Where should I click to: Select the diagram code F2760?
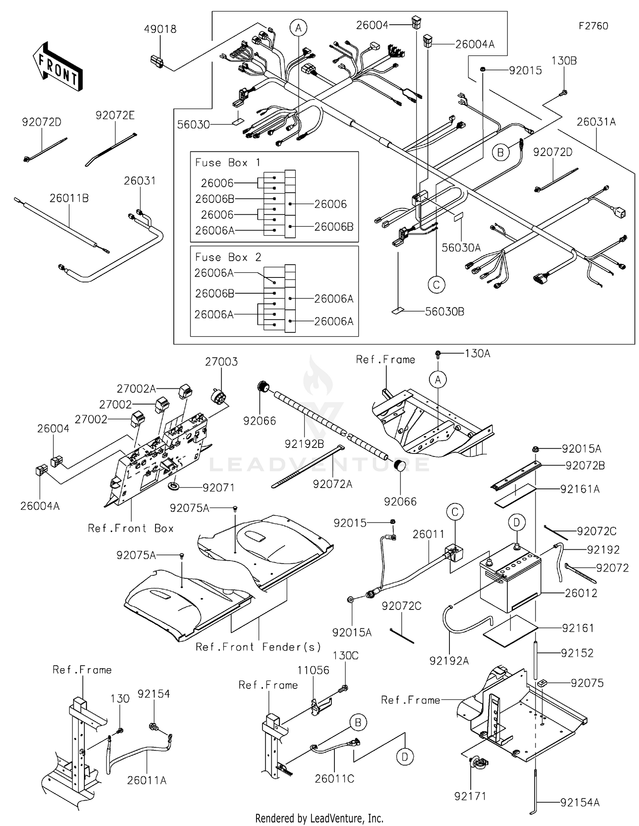[x=593, y=26]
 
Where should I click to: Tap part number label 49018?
[x=160, y=29]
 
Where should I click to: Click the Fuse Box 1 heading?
[x=228, y=163]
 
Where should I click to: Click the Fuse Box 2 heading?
[x=228, y=257]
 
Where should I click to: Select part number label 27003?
[x=221, y=362]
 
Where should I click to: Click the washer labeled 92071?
[x=175, y=485]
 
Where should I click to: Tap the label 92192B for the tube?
[x=304, y=444]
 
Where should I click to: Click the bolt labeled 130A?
[x=438, y=353]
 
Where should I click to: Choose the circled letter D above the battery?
[x=516, y=522]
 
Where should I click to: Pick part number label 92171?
[x=470, y=796]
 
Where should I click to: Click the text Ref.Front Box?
[x=130, y=529]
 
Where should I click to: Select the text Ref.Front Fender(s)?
[x=258, y=647]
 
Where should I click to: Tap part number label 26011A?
[x=147, y=780]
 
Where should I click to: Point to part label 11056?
[x=313, y=670]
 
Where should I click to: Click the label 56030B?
[x=444, y=312]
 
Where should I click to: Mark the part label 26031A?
[x=596, y=122]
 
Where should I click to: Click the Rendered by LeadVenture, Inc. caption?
[x=319, y=818]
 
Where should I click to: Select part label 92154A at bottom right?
[x=580, y=803]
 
